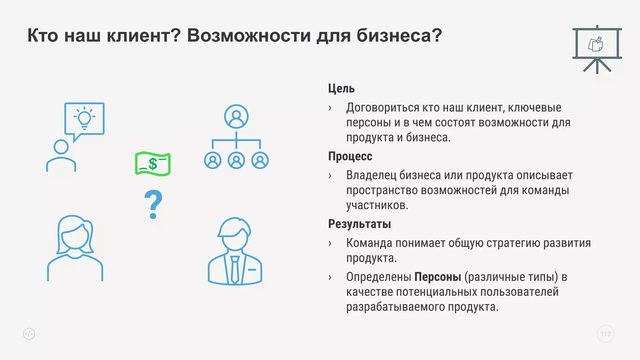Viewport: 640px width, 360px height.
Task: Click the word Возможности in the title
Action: click(249, 35)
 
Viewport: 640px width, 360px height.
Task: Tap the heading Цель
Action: click(341, 89)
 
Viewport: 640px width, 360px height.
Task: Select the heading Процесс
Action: click(350, 156)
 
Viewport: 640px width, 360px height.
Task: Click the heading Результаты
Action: click(359, 224)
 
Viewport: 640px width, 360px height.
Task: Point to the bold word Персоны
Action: click(437, 277)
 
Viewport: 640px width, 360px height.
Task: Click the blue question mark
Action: click(153, 204)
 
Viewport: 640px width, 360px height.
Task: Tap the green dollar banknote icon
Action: click(153, 164)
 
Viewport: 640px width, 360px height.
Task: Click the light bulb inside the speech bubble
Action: click(84, 118)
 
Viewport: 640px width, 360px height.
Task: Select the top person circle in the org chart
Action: click(236, 116)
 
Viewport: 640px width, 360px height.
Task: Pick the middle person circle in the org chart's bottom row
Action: click(236, 160)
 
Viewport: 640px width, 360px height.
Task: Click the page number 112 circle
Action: click(605, 334)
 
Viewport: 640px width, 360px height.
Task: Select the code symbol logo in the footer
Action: click(29, 334)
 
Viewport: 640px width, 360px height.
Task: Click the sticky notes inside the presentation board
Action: click(596, 44)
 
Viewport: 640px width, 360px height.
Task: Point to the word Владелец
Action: click(371, 175)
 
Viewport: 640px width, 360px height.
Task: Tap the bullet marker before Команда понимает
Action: click(330, 243)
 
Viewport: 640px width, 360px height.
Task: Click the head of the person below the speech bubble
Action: click(61, 147)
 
